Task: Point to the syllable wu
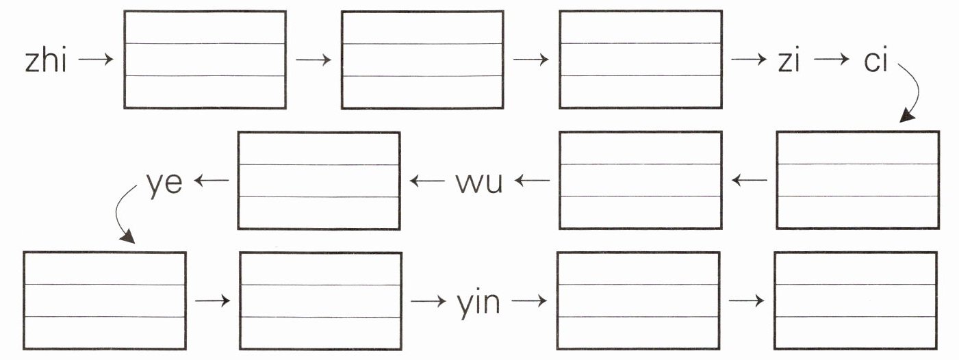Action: [479, 182]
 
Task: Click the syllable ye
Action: [164, 182]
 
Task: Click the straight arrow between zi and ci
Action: [831, 60]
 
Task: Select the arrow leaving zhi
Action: [96, 60]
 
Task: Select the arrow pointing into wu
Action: [533, 181]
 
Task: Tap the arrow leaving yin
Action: [529, 300]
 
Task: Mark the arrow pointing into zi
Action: [748, 60]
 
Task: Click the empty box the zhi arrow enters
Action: [205, 60]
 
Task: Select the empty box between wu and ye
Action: [318, 180]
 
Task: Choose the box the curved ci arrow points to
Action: [857, 180]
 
